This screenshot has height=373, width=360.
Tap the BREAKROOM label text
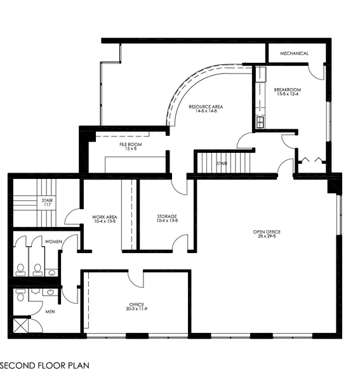click(287, 90)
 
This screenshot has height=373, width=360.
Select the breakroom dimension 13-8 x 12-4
click(287, 95)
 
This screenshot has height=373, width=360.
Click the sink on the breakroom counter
click(260, 121)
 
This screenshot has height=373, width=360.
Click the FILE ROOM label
click(130, 144)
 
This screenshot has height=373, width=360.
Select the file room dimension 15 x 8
click(130, 149)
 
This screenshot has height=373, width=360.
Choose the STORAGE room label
click(167, 216)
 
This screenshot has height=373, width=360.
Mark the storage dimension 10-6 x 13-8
click(167, 221)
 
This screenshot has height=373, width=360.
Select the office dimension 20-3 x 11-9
click(136, 310)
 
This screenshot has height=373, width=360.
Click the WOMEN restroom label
click(53, 242)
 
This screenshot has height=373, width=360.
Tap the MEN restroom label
click(50, 311)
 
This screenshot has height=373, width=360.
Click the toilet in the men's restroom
click(20, 296)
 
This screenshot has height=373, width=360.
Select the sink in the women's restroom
click(51, 272)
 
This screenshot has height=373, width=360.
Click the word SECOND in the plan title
click(19, 365)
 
